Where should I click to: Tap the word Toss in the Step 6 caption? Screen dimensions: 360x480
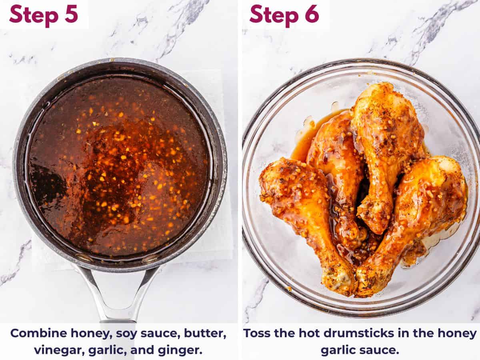(258, 333)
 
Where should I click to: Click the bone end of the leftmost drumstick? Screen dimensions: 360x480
(340, 280)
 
